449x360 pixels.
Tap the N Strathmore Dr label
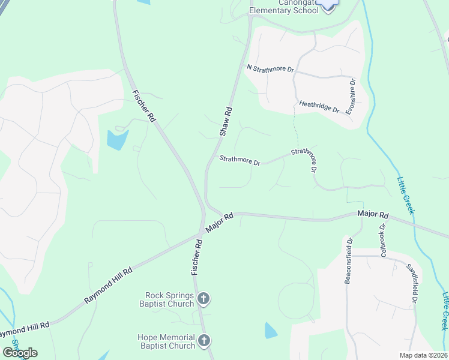(271, 68)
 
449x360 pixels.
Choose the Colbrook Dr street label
(382, 239)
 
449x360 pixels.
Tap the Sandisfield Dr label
(412, 283)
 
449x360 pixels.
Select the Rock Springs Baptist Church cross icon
(203, 298)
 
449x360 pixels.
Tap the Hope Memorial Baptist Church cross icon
(203, 341)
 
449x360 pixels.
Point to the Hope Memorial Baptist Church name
(167, 341)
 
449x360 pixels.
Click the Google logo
(20, 353)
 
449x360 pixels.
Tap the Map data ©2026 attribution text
(423, 355)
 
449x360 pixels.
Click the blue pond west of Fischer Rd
(117, 140)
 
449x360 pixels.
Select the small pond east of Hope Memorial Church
(271, 331)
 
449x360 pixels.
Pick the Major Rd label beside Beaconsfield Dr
(373, 214)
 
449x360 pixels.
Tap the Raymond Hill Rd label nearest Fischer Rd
(108, 285)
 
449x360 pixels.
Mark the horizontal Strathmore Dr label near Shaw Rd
(240, 160)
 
